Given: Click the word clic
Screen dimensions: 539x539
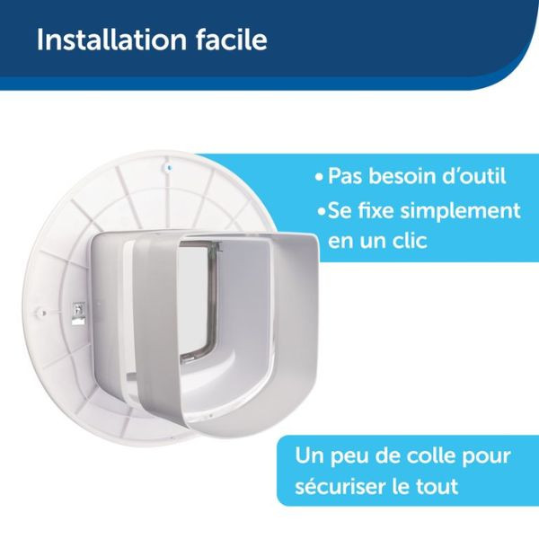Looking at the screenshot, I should coord(406,243).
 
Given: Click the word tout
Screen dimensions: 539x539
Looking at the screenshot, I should coord(440,488).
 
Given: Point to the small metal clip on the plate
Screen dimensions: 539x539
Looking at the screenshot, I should coord(79,311).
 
